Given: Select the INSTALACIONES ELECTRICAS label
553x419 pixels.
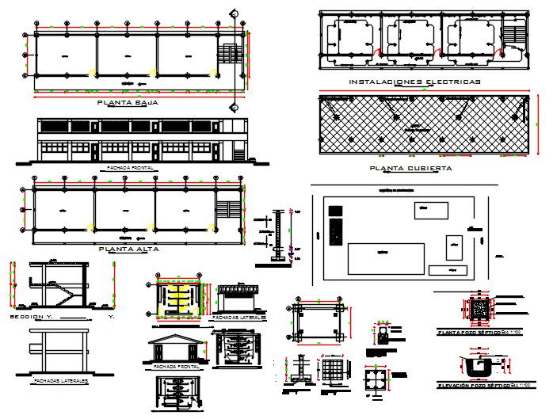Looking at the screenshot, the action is [414, 82].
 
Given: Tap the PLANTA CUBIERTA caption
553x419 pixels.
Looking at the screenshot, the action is [410, 169].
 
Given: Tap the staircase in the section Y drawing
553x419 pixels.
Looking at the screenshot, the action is [63, 295].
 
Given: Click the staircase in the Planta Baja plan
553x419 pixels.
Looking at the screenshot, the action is [228, 54].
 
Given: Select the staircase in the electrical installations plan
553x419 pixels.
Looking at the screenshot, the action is [514, 35].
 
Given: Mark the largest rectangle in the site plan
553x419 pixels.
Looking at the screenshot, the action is [386, 258].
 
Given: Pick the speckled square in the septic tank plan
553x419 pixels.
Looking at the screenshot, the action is [480, 309].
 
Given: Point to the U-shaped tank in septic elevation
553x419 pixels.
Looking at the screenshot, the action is [479, 367].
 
